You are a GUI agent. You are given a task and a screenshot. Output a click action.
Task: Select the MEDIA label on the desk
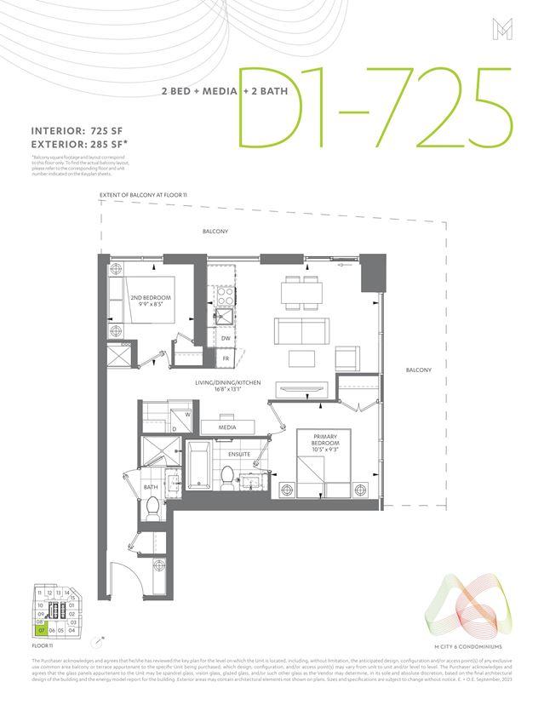pos(227,427)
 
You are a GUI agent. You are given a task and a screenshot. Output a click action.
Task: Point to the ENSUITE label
pos(239,454)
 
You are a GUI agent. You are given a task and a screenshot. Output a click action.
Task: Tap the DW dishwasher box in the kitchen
pos(226,339)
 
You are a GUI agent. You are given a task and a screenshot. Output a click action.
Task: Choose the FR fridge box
pos(226,358)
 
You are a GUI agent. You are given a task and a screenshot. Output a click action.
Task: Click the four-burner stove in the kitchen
pos(226,297)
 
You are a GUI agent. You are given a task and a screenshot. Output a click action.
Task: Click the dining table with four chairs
pos(304,292)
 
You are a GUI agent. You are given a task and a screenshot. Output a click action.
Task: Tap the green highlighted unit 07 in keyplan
pos(40,631)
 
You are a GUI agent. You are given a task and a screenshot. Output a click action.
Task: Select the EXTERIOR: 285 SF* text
pos(80,145)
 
